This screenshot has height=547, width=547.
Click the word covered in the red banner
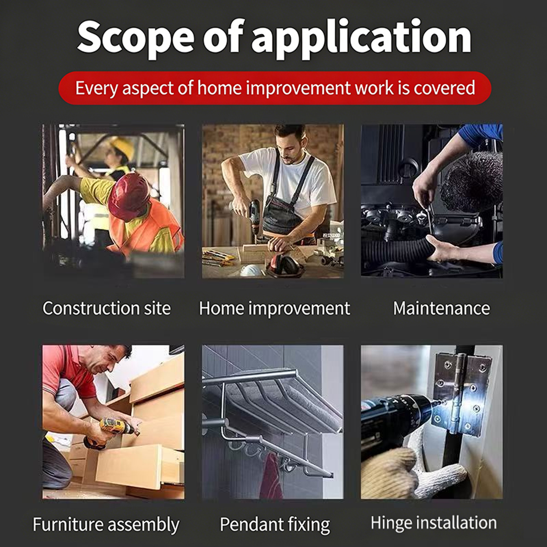point(444,88)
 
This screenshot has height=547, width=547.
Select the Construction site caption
point(106,308)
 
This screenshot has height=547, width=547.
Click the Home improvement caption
point(275,308)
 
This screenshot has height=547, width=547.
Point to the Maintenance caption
point(441,308)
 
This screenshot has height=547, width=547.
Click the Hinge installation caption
point(433,523)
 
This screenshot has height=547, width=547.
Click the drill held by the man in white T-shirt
point(255,218)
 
